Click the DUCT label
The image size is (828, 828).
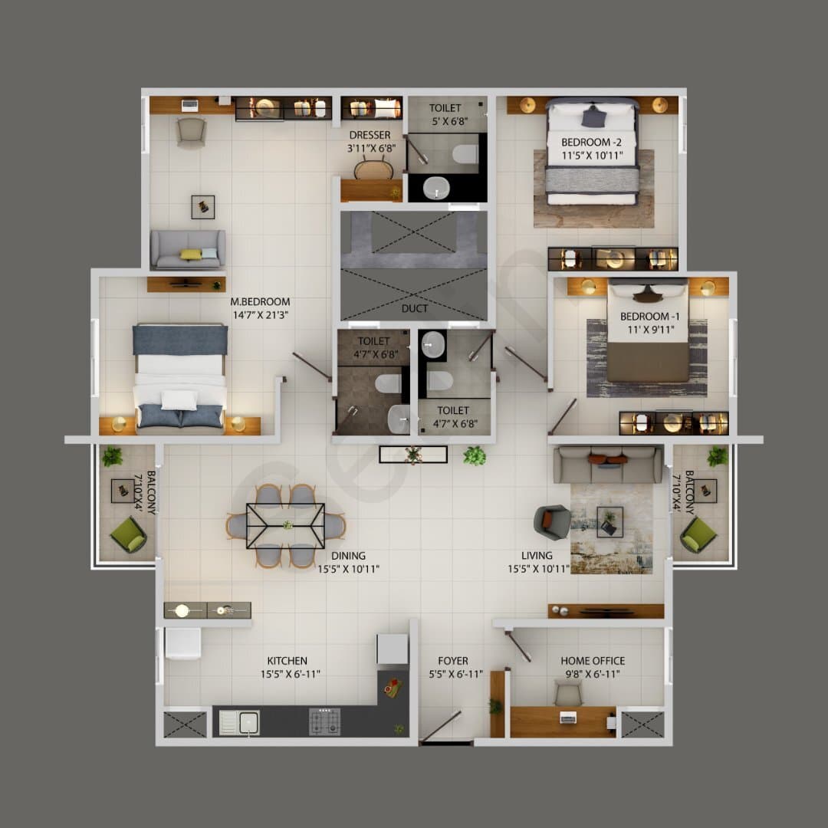point(415,308)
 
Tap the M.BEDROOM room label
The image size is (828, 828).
point(260,301)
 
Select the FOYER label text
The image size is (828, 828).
point(453,661)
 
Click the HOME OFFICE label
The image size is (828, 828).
point(593,661)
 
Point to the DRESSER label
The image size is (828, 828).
point(370,135)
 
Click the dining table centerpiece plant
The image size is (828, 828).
point(287,525)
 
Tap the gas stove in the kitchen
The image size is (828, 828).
point(325,722)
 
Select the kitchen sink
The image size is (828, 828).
point(239,723)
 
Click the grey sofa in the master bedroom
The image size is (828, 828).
point(188,250)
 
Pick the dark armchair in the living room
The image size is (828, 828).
point(552,522)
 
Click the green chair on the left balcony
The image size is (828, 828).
point(128,535)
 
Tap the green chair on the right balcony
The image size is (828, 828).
point(698,535)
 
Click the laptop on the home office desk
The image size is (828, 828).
point(568,717)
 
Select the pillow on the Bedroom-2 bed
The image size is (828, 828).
point(593,117)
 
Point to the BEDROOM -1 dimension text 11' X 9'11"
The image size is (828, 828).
point(651,330)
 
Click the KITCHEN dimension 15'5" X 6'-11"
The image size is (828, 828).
point(290,674)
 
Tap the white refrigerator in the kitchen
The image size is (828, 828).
point(182,643)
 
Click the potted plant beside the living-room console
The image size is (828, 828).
point(475,455)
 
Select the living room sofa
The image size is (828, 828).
point(607,465)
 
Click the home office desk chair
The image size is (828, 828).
point(567,693)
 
